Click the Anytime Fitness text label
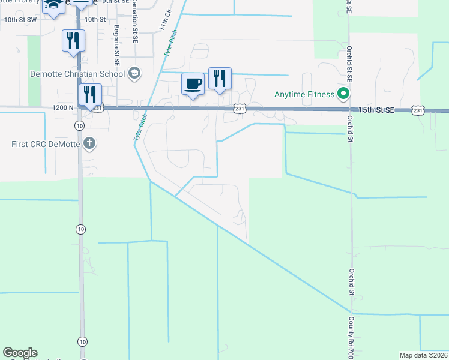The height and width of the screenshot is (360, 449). click(304, 94)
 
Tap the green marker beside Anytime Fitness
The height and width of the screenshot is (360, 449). click(343, 94)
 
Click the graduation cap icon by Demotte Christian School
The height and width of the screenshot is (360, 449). click(134, 74)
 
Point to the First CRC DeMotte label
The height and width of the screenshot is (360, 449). click(46, 143)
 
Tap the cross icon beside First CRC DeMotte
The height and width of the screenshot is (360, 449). click(89, 143)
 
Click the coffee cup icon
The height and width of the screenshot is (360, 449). click(193, 83)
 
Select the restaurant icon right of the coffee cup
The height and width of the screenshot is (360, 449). click(220, 78)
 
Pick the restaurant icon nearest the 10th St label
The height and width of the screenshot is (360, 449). click(73, 41)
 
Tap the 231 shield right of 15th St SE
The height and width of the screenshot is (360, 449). click(418, 110)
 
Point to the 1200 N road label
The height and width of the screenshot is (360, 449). click(63, 107)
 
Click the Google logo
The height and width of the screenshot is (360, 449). click(20, 353)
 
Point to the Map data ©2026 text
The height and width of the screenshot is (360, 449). click(423, 355)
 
